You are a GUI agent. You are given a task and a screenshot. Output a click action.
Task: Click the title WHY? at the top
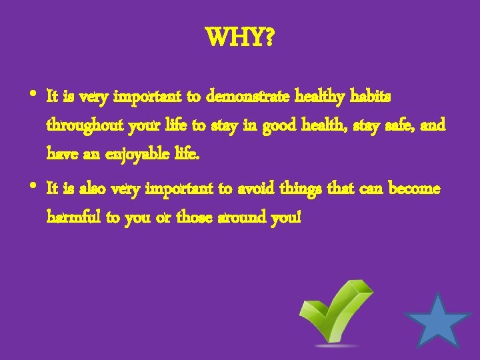click(x=240, y=39)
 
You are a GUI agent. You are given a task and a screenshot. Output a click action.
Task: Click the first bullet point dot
click(x=33, y=93)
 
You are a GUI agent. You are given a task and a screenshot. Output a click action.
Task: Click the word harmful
click(x=74, y=217)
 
